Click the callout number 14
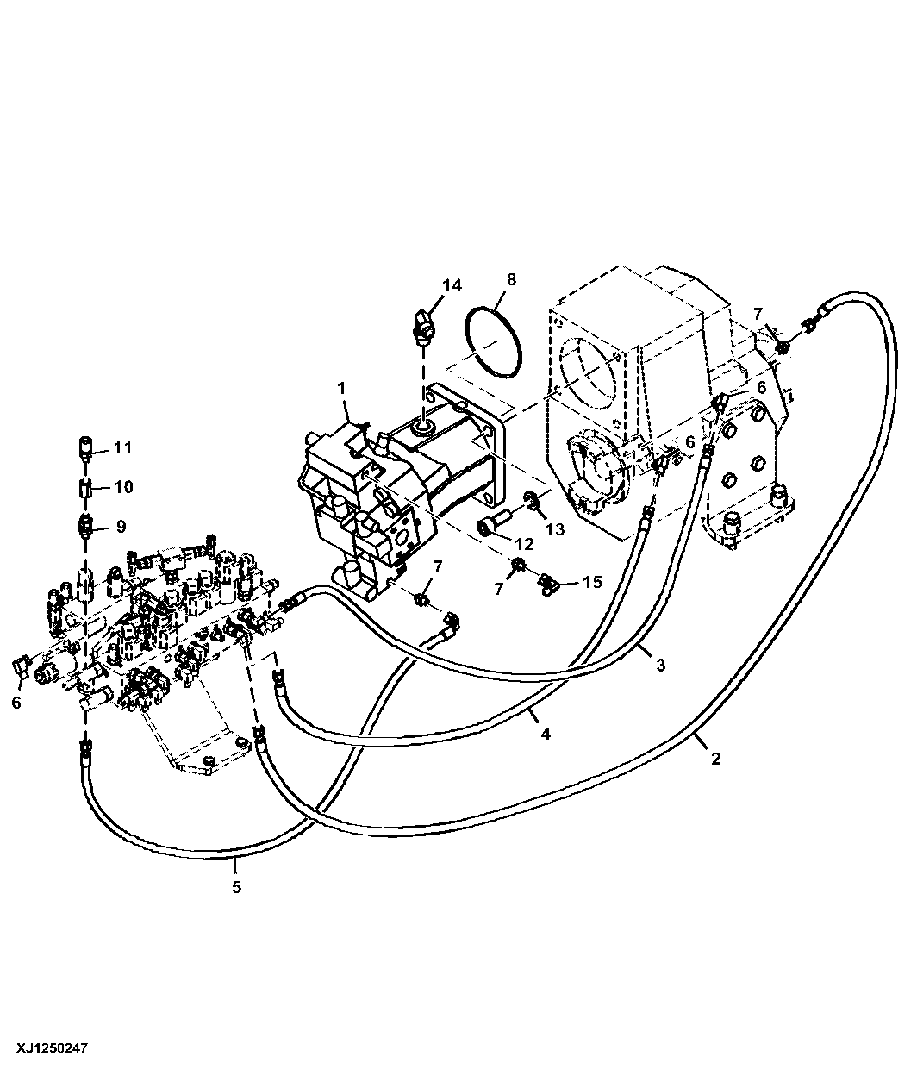coord(452,285)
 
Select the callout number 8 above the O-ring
coord(511,279)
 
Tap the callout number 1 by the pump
coord(341,387)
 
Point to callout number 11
coord(122,447)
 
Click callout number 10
coord(123,487)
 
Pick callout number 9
coord(121,527)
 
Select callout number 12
coord(524,543)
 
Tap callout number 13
coord(555,529)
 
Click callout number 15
coord(592,582)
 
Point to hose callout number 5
coord(236,887)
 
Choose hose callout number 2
coord(715,759)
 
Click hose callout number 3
coord(661,665)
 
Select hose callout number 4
coord(546,734)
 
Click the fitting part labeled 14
coord(422,327)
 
